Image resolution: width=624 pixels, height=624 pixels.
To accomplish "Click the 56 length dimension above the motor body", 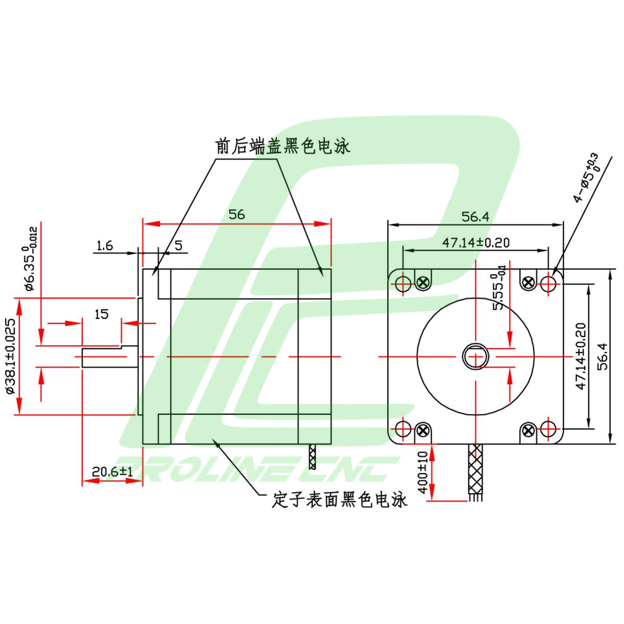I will click(237, 215).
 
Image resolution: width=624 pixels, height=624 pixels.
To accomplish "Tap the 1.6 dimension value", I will click(105, 246).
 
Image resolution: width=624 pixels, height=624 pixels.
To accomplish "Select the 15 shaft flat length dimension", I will click(102, 314).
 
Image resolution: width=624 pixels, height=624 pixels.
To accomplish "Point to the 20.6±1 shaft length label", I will click(112, 471).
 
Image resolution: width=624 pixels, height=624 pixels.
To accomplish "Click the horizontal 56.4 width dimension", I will click(475, 217).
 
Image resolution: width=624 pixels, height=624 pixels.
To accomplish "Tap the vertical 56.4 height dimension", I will click(603, 356).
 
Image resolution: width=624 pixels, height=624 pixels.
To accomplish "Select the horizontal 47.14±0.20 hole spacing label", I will click(476, 243).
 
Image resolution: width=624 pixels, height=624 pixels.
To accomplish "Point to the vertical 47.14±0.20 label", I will click(581, 356).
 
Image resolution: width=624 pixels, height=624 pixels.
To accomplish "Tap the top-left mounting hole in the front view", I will click(403, 283).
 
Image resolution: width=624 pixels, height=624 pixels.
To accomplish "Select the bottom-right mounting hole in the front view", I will click(548, 429).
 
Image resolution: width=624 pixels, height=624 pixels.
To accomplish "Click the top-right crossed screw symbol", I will click(528, 283).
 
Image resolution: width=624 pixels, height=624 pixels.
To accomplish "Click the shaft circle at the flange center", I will click(476, 356).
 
